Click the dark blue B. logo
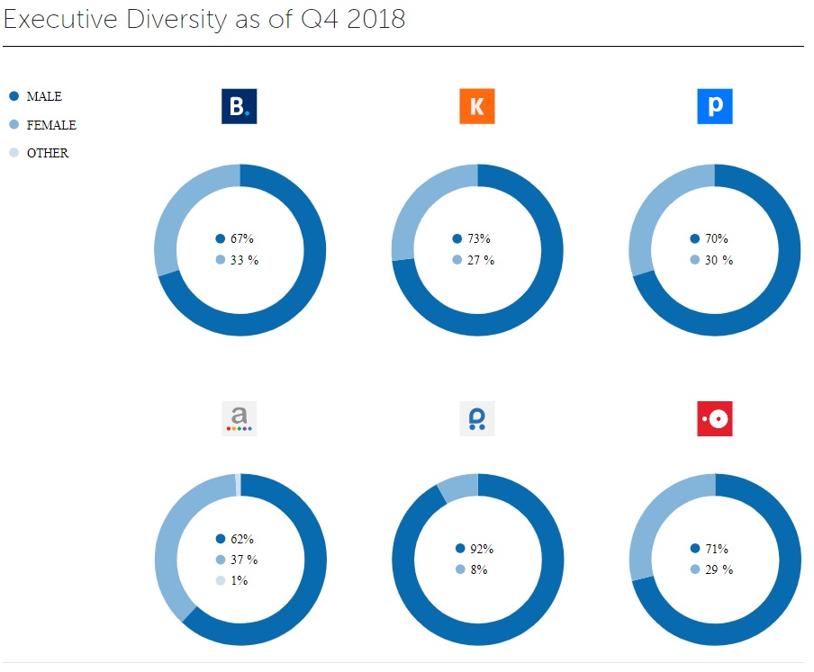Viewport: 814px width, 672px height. [x=240, y=107]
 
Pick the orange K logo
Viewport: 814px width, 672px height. [x=477, y=107]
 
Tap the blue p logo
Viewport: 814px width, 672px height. [x=715, y=107]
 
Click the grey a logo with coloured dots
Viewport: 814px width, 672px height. [x=240, y=418]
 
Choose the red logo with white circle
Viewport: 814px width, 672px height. [x=715, y=418]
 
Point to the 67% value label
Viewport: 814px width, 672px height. [x=241, y=238]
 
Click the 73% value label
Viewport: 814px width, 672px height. [x=478, y=238]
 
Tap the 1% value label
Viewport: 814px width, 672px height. [x=239, y=580]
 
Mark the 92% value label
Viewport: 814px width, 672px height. [x=481, y=548]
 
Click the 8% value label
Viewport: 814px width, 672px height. [x=477, y=569]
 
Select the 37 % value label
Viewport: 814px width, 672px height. [x=243, y=560]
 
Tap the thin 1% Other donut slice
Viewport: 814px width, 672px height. [x=238, y=485]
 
